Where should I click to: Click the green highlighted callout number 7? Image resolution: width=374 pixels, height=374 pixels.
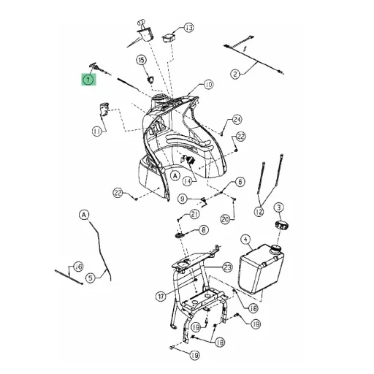coord(88,80)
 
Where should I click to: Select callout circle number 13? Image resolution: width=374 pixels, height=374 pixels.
coord(189,27)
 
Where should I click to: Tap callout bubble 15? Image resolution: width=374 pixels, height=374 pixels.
coord(142,60)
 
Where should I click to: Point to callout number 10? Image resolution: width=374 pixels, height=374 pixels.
coord(208,85)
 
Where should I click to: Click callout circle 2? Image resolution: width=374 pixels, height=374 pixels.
coord(235,74)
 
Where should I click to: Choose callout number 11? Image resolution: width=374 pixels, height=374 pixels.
coord(97,131)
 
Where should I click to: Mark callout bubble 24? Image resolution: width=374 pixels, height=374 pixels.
coord(237,120)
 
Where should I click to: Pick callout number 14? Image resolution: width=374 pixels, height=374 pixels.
coord(187,181)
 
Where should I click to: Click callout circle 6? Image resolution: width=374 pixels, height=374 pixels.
coord(240,182)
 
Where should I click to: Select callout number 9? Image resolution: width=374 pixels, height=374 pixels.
coord(183,199)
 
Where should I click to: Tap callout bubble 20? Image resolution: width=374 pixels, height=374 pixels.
coord(225,220)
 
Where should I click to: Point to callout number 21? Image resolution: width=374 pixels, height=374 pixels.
coord(194,214)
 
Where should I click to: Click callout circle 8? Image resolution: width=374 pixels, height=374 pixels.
coord(204,229)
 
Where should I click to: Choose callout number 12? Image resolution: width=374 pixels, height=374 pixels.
coord(259,211)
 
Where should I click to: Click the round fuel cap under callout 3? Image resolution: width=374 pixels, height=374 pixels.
coord(283,225)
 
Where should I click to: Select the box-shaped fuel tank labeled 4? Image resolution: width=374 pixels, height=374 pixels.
coord(262,269)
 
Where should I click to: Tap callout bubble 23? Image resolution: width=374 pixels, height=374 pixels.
coord(227,267)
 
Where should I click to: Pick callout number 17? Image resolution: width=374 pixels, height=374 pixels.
coord(161,297)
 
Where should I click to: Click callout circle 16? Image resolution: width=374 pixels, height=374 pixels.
coord(78,267)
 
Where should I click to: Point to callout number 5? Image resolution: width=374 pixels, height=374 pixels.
coord(91,278)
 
